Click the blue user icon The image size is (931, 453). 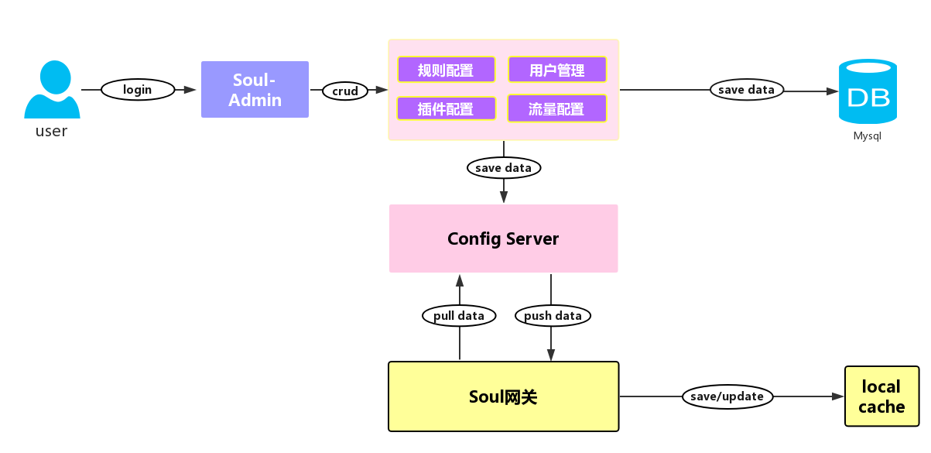pos(52,90)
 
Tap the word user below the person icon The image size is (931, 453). pos(52,131)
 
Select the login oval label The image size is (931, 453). pos(138,90)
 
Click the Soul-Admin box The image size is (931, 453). pos(255,90)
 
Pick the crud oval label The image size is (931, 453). pos(345,91)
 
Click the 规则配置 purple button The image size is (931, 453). pos(446,70)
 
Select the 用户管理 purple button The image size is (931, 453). pos(557,70)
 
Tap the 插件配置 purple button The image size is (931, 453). pos(446,108)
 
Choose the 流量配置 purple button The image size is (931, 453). pos(557,108)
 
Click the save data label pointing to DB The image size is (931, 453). pos(746,90)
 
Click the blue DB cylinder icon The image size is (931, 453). pos(868,91)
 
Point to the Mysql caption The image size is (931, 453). pos(868,136)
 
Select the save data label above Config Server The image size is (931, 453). pos(504,167)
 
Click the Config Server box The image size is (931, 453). pos(503,239)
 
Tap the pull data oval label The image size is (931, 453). pos(459,315)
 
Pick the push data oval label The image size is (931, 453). pos(553,315)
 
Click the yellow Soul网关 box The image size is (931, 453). pos(503,396)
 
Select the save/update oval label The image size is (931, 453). pos(727,396)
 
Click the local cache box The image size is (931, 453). pos(881,396)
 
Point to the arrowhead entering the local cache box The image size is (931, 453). pos(837,396)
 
